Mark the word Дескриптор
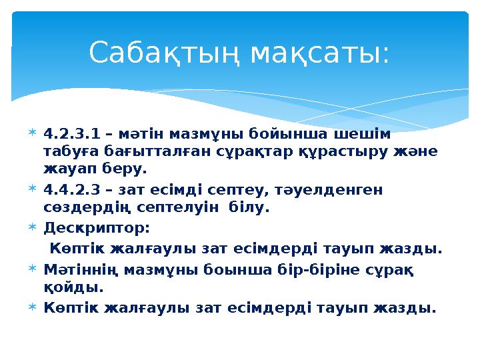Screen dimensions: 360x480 click(x=96, y=227)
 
